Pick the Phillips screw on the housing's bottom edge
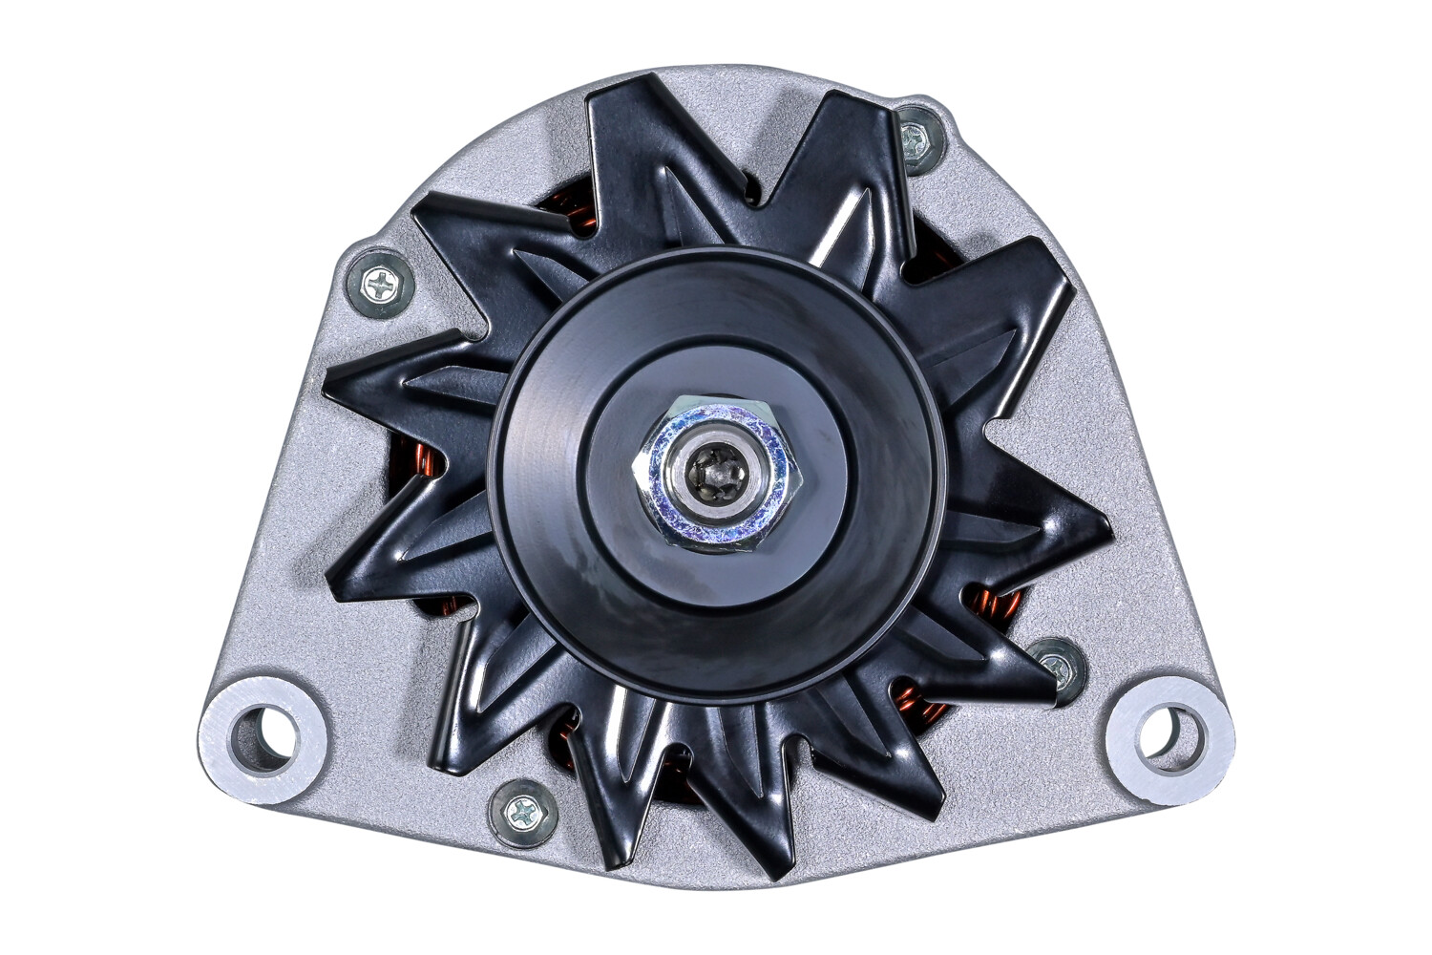(522, 812)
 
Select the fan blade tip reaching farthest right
(1107, 523)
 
